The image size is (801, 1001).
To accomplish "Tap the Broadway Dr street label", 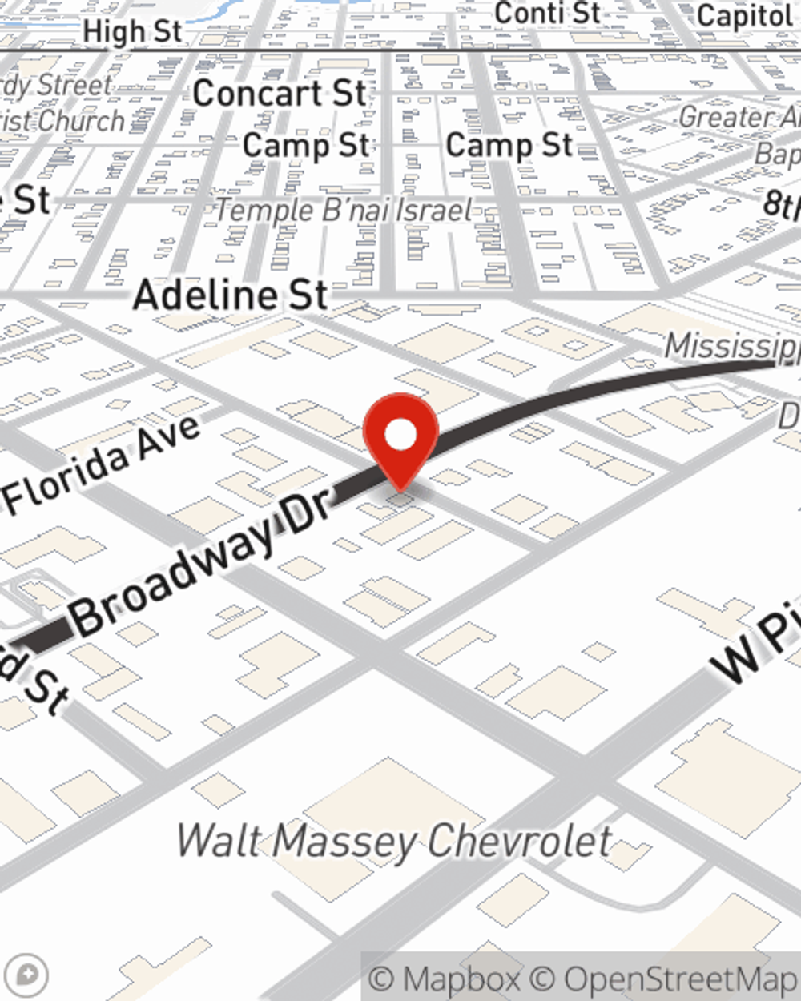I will pyautogui.click(x=200, y=565).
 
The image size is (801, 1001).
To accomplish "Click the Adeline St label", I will pyautogui.click(x=231, y=295).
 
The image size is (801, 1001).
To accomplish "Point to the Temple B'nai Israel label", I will pyautogui.click(x=344, y=211).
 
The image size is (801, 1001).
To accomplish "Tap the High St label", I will pyautogui.click(x=133, y=32).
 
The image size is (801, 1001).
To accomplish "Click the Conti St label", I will pyautogui.click(x=547, y=13).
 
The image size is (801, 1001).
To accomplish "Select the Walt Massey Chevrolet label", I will pyautogui.click(x=394, y=842).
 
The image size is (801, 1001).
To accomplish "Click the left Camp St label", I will pyautogui.click(x=306, y=146).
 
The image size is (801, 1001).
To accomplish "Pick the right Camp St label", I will pyautogui.click(x=509, y=145).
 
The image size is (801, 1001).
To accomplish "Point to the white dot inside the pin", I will pyautogui.click(x=400, y=435).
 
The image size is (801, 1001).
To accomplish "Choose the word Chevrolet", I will pyautogui.click(x=520, y=842).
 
